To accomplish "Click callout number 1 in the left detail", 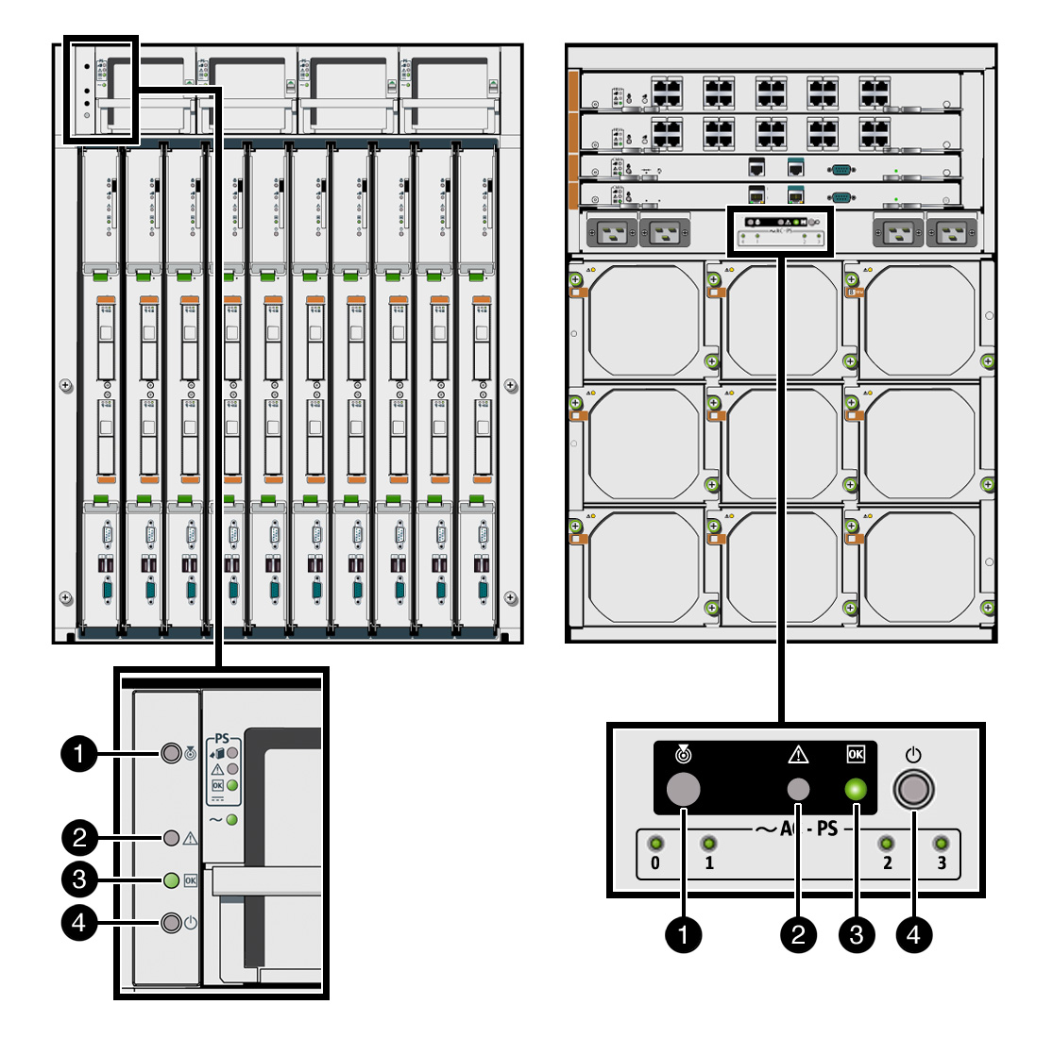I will click(x=79, y=753).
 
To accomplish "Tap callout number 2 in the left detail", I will click(x=79, y=837).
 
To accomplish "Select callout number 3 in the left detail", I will click(x=79, y=880).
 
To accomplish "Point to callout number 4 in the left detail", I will click(x=79, y=922).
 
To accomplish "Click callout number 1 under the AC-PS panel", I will click(x=683, y=934).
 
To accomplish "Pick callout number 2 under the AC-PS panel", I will click(x=799, y=934).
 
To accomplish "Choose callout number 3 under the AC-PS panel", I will click(x=857, y=934).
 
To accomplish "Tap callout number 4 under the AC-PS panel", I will click(x=913, y=934).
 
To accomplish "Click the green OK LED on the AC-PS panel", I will click(x=856, y=789).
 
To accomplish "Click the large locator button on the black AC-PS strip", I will click(x=683, y=789).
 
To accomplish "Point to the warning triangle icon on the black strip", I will click(x=798, y=754).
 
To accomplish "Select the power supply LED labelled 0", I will click(x=654, y=844).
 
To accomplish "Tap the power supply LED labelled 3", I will click(x=941, y=844).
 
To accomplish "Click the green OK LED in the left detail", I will click(x=171, y=880).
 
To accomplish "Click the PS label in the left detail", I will click(x=222, y=738).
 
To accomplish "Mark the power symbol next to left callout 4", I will click(x=191, y=923).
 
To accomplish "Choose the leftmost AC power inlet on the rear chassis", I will click(x=612, y=231).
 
